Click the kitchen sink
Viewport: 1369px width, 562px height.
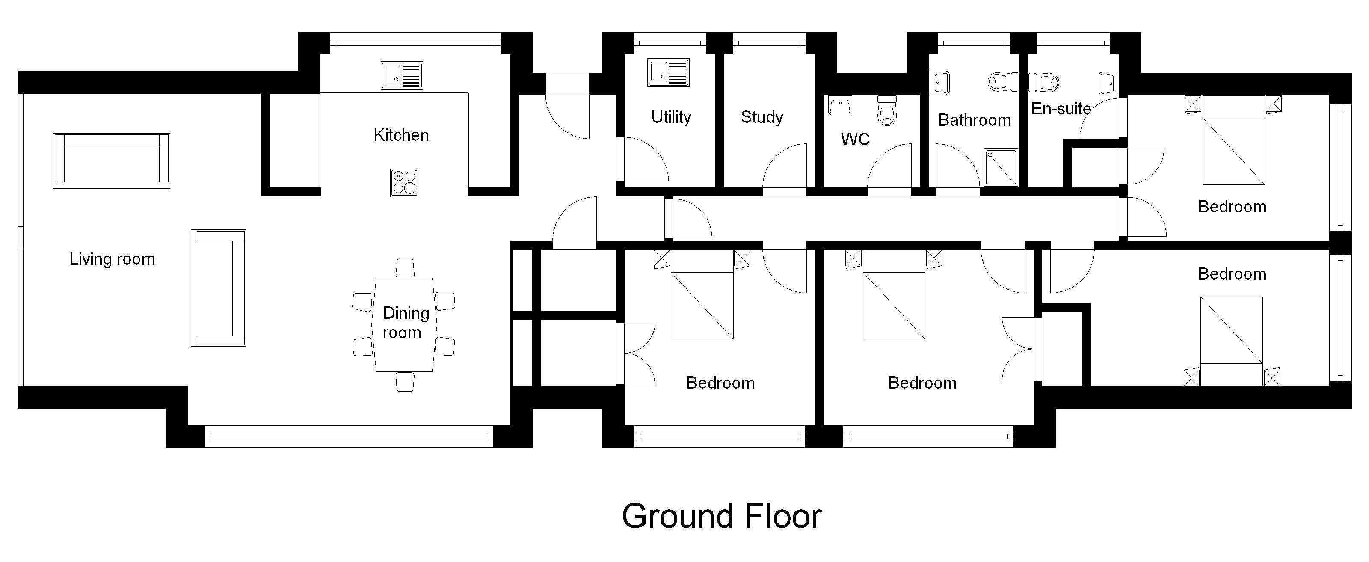pyautogui.click(x=402, y=75)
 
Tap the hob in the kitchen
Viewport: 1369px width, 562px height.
pyautogui.click(x=404, y=183)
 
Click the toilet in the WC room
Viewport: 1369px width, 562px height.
pyautogui.click(x=887, y=110)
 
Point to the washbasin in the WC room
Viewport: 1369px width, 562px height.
pyautogui.click(x=840, y=105)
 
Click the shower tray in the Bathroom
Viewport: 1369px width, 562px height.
pyautogui.click(x=1001, y=167)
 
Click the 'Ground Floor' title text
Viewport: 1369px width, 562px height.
pyautogui.click(x=721, y=516)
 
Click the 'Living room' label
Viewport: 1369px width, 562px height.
pyautogui.click(x=112, y=259)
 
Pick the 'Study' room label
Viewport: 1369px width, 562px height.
pyautogui.click(x=762, y=117)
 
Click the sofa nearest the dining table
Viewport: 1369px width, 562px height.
pyautogui.click(x=219, y=288)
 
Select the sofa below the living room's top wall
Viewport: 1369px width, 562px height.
pyautogui.click(x=112, y=161)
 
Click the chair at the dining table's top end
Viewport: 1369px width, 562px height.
pyautogui.click(x=405, y=268)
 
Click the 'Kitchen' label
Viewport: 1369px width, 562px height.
pyautogui.click(x=401, y=135)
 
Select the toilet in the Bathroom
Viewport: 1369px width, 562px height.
pyautogui.click(x=1003, y=82)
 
